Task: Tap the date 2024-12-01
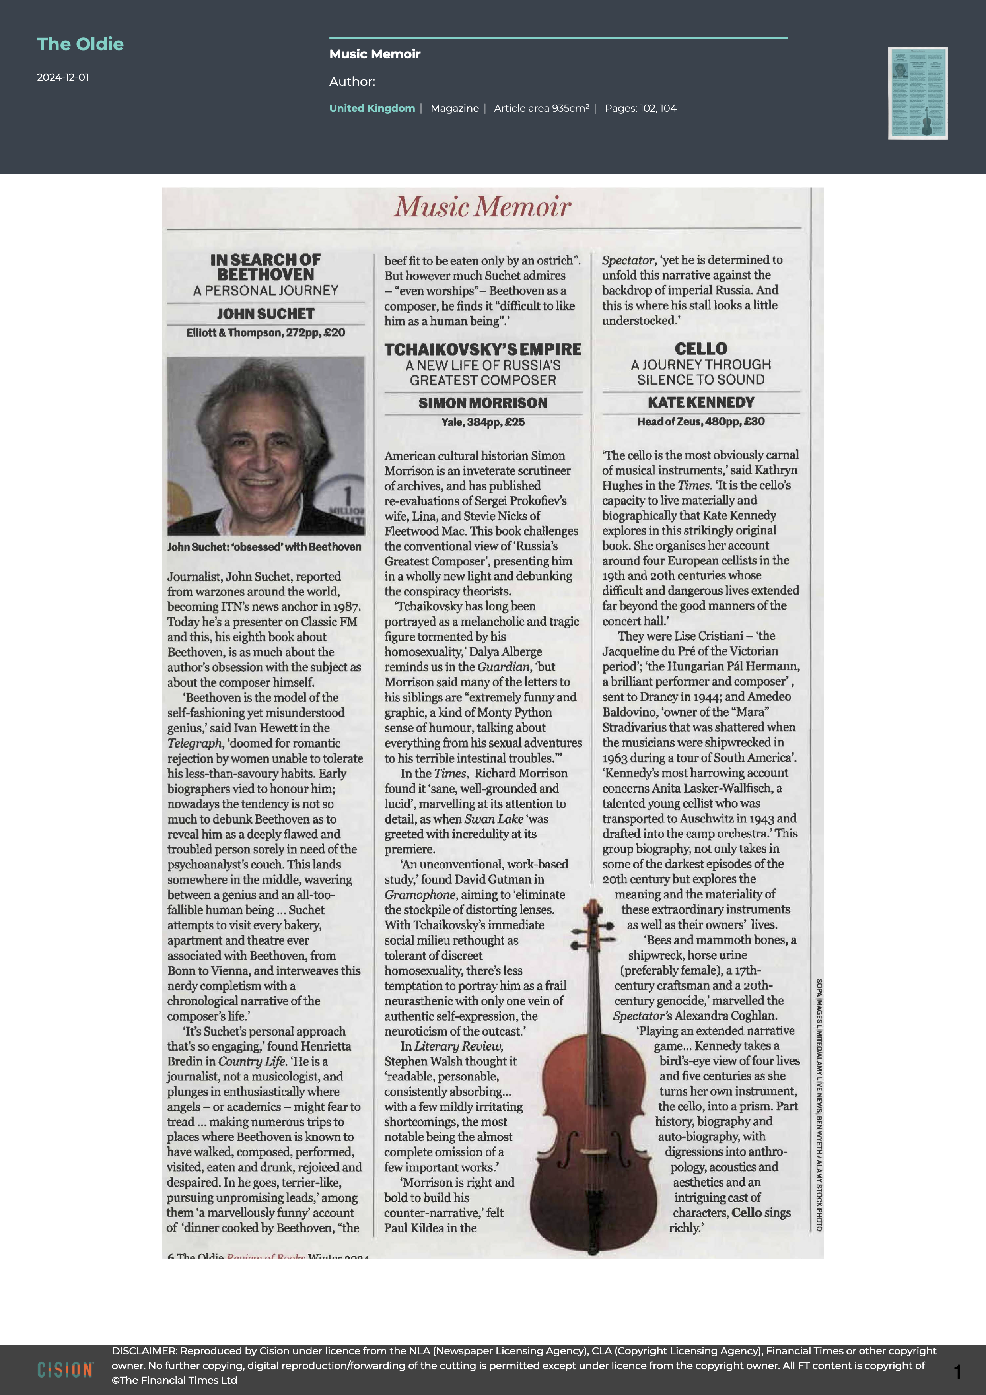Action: [x=62, y=77]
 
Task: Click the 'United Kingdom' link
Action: [x=372, y=108]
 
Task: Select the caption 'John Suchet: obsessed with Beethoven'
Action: [x=264, y=547]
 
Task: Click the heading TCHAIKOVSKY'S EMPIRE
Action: [x=483, y=350]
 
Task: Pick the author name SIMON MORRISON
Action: [x=483, y=403]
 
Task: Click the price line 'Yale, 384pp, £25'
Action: [x=483, y=422]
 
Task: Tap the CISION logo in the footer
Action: [x=65, y=1370]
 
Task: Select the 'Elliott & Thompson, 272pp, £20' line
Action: [x=265, y=332]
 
